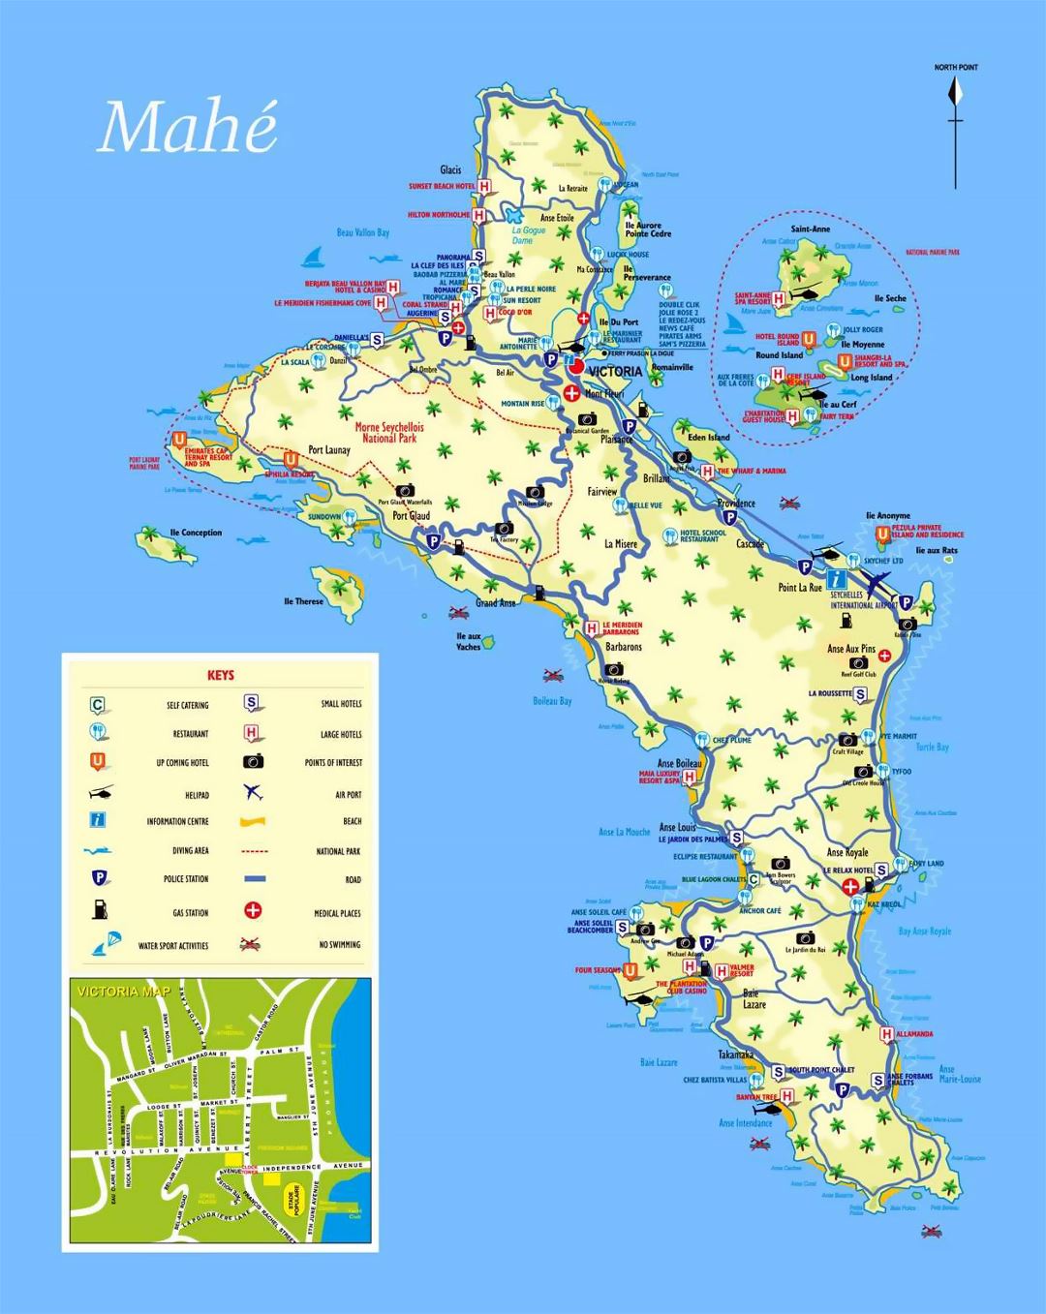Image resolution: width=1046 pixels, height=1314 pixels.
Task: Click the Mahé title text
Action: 188,127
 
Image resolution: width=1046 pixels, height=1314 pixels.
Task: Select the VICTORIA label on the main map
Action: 614,371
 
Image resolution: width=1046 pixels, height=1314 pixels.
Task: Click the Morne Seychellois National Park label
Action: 389,432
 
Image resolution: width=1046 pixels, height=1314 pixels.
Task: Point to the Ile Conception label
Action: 196,533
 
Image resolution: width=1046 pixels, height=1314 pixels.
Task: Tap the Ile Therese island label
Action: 303,601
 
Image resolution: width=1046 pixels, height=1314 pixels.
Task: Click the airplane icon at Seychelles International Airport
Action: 877,584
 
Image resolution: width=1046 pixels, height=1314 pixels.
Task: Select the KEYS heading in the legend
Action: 221,675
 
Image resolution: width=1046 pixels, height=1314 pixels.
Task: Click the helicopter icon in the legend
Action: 99,793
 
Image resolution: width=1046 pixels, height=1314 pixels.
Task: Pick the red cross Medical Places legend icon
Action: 253,911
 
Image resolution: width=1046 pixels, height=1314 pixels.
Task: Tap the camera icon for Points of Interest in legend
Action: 254,762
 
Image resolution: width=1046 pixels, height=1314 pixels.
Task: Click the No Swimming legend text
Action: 339,944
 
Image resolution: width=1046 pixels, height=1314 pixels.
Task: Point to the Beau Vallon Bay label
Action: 362,232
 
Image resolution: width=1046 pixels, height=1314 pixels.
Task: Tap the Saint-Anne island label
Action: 810,229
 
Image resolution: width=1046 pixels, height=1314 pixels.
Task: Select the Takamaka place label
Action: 735,1054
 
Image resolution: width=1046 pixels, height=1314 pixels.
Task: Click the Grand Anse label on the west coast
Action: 495,602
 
